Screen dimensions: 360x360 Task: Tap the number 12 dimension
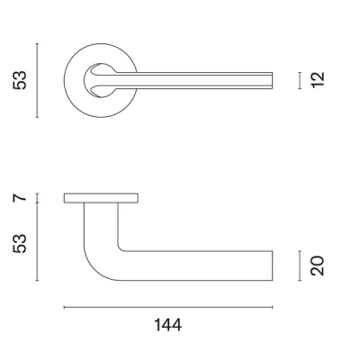point(317,80)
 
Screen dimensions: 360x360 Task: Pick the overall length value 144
point(167,325)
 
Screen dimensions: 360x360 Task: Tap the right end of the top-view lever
point(272,80)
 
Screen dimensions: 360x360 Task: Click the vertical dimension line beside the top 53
point(37,79)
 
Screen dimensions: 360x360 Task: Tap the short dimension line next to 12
point(300,80)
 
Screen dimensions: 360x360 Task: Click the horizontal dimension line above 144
point(167,308)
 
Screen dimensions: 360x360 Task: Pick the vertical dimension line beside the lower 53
point(37,241)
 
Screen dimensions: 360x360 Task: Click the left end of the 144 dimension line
point(65,308)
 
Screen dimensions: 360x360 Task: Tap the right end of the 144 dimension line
point(273,308)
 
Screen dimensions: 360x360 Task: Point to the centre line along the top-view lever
point(198,80)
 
